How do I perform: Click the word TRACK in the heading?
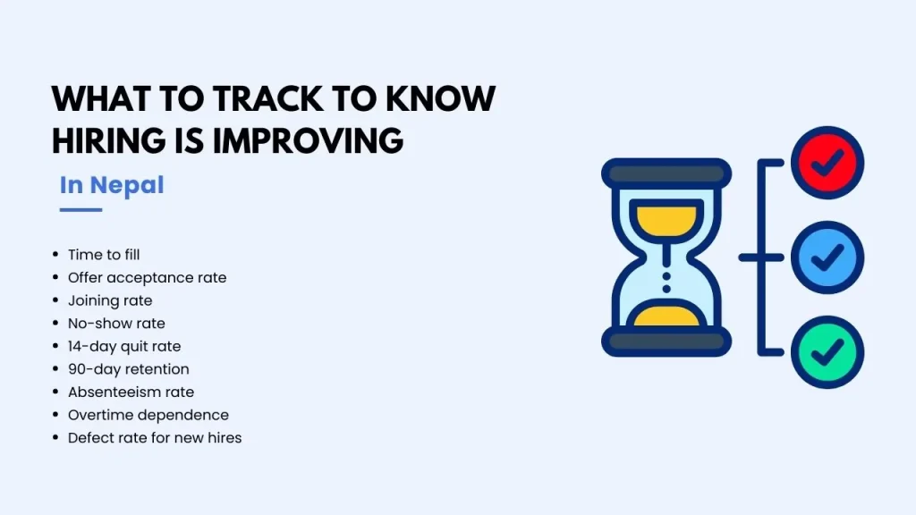pos(267,98)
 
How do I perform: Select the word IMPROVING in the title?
pos(308,140)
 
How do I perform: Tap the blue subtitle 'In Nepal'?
pos(112,185)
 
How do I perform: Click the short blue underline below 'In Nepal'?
pos(81,209)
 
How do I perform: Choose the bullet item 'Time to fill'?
pos(104,255)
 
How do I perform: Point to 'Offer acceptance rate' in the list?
pos(148,277)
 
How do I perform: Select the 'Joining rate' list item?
pos(110,300)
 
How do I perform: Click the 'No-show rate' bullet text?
pos(116,324)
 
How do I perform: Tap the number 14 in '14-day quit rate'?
pos(75,346)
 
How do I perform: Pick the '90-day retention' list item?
pos(129,369)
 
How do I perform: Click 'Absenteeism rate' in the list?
pos(131,392)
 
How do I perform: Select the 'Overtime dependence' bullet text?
pos(148,415)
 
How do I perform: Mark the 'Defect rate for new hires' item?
pos(155,438)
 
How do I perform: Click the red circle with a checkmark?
pos(827,163)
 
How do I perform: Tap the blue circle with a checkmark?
pos(827,257)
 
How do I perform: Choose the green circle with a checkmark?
pos(827,352)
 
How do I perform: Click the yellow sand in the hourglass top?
pos(666,220)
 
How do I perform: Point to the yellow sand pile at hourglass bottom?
pos(666,316)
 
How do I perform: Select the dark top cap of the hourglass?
pos(666,173)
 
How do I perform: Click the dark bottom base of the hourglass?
pos(666,342)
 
